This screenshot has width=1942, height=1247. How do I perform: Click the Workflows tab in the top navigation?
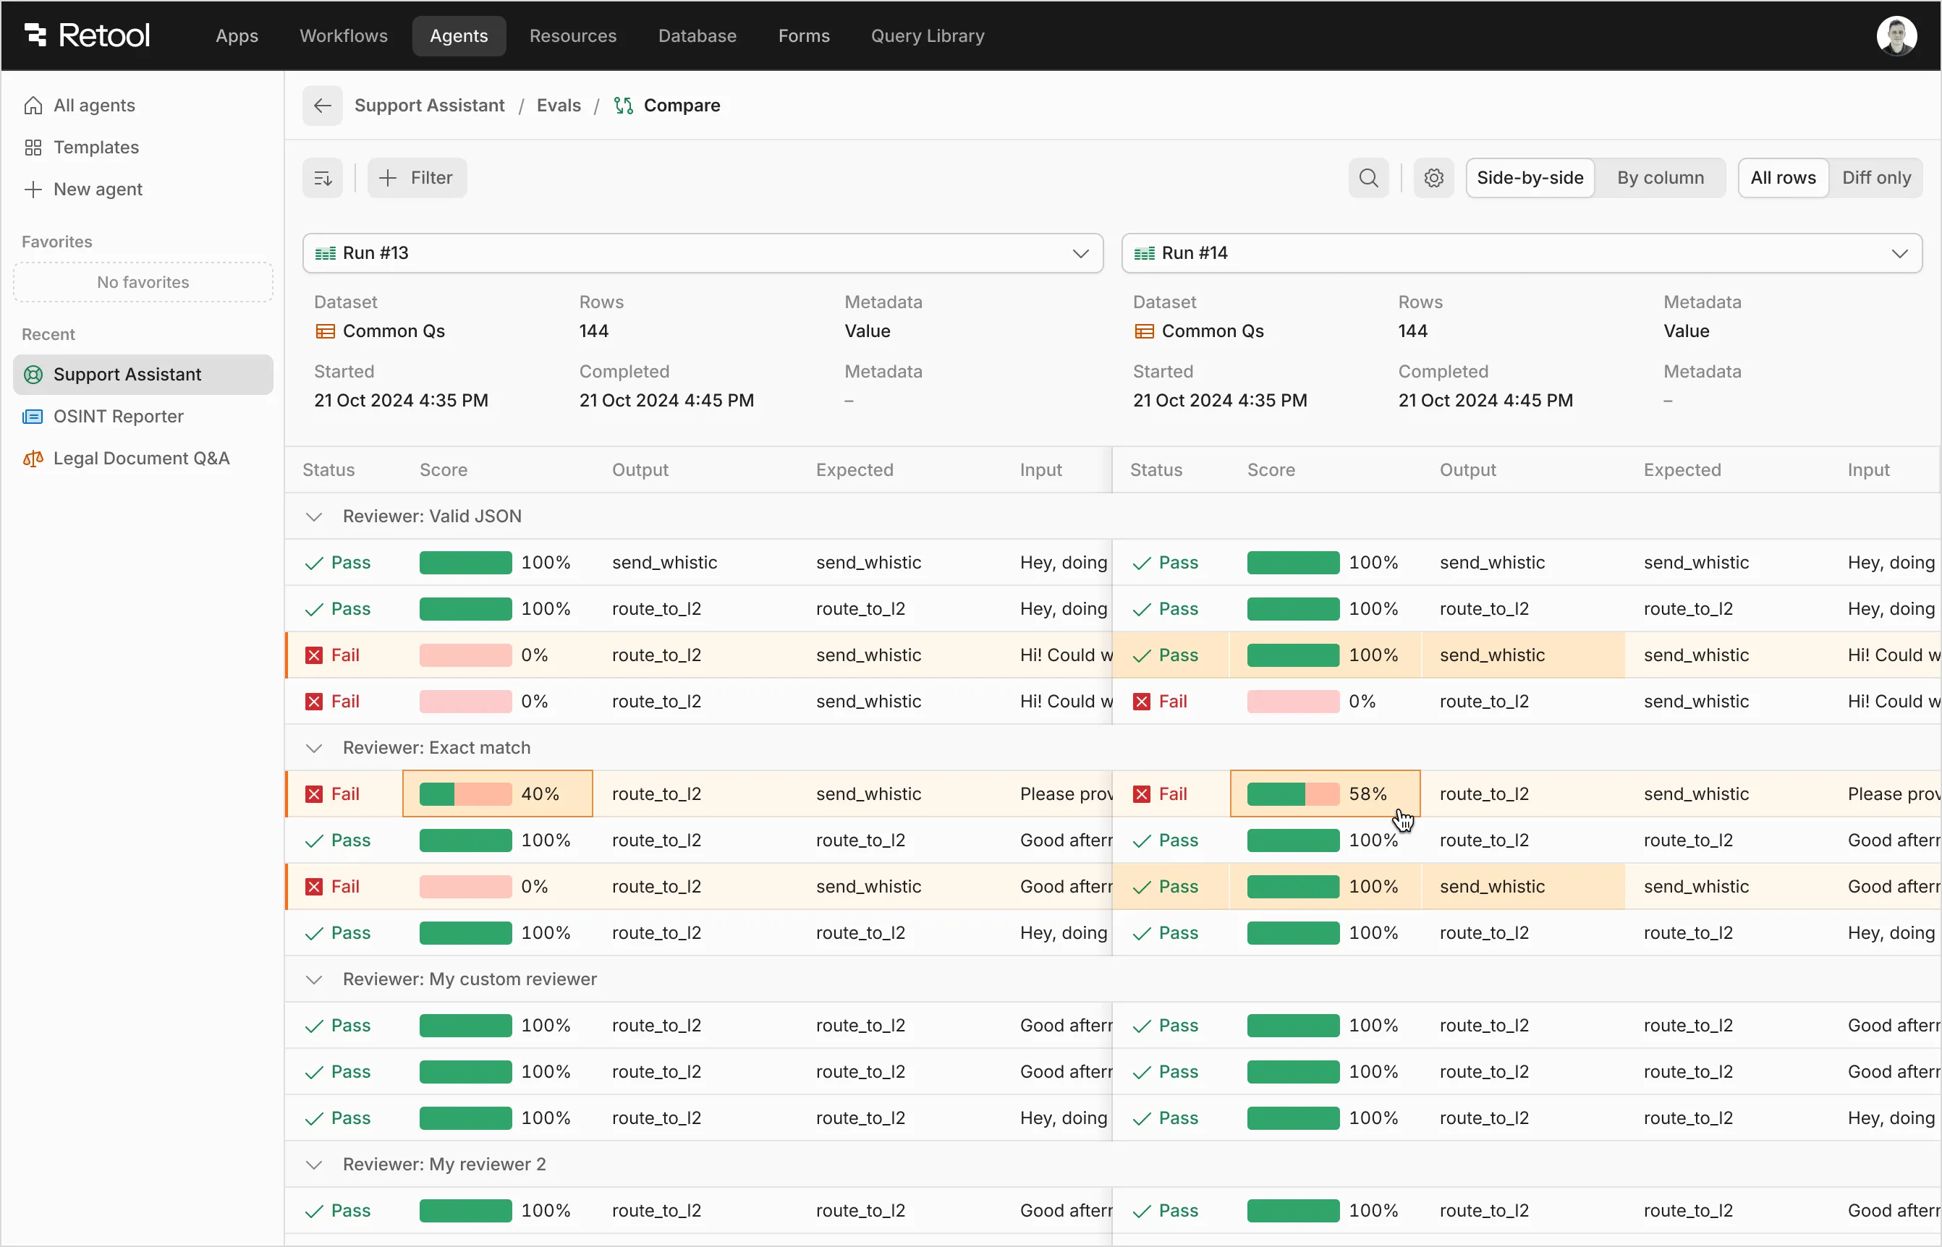[344, 35]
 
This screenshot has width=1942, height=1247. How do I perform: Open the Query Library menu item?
[928, 35]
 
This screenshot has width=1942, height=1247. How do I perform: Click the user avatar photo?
[1896, 35]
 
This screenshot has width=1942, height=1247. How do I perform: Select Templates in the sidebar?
[96, 148]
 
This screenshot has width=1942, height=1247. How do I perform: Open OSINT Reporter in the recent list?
[118, 416]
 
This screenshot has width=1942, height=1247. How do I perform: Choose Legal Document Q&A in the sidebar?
[141, 459]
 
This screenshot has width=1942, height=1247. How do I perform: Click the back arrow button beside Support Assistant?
[322, 106]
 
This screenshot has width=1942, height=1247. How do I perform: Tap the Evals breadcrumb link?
[559, 106]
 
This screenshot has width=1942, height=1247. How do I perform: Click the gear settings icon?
[1433, 177]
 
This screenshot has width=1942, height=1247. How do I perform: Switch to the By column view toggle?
[1660, 177]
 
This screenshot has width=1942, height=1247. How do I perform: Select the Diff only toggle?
[1875, 177]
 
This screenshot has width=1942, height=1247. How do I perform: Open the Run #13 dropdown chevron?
[1080, 253]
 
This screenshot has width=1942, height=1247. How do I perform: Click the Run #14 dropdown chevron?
[1899, 253]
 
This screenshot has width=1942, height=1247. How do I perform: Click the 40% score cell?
[497, 793]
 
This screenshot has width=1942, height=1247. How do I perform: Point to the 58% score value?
[1368, 793]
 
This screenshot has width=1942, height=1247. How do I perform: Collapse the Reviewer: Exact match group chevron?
[314, 748]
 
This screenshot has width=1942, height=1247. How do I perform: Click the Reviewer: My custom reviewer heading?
[470, 979]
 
